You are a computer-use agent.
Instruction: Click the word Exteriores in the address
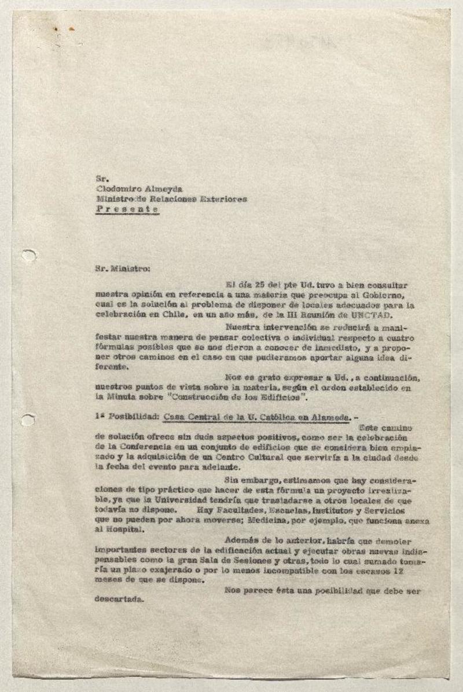[224, 199]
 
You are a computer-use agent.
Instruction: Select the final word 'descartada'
[118, 601]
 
